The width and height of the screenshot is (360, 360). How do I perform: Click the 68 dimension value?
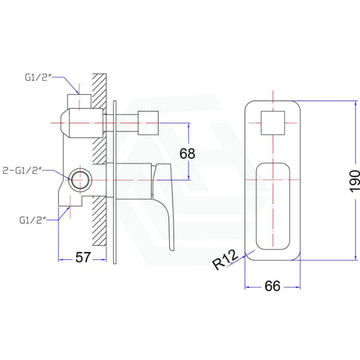(187, 153)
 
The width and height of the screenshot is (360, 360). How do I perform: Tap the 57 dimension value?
(83, 257)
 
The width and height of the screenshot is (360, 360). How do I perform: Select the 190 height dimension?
(354, 181)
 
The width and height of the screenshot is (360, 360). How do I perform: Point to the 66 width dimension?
(273, 286)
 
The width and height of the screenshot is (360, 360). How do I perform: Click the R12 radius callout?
(225, 260)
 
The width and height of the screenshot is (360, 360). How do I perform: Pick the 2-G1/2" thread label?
(22, 171)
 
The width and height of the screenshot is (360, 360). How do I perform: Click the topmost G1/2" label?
(38, 77)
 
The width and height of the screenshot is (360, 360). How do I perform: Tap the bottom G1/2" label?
(32, 220)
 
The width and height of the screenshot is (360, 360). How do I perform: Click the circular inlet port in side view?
(81, 180)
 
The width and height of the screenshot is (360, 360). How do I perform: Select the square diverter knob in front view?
(273, 123)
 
